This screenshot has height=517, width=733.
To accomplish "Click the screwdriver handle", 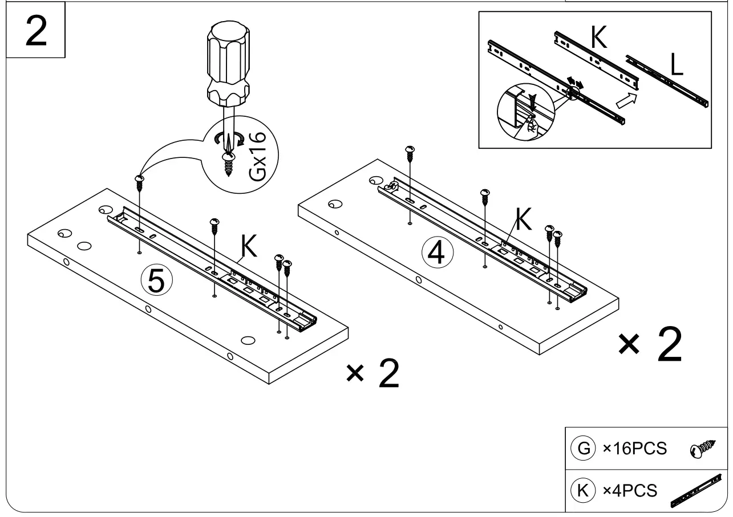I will coord(227,66).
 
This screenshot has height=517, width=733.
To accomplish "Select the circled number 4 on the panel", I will coord(436,253).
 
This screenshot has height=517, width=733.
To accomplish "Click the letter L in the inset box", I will coord(677,66).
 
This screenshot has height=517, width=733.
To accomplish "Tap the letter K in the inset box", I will coord(598,37).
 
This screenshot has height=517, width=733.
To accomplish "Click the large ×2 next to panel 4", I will coord(650,346).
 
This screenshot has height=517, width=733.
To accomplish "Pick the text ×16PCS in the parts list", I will coord(634,449).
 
